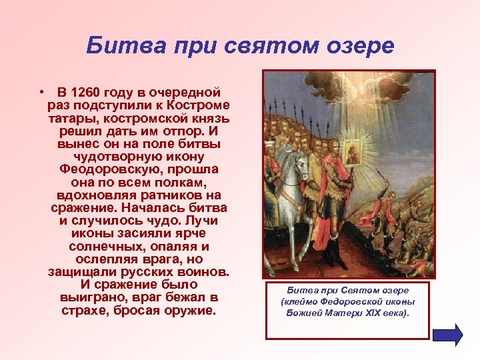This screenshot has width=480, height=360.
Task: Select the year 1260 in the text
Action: (x=91, y=92)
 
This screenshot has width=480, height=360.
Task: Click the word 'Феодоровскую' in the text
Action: (x=139, y=169)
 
